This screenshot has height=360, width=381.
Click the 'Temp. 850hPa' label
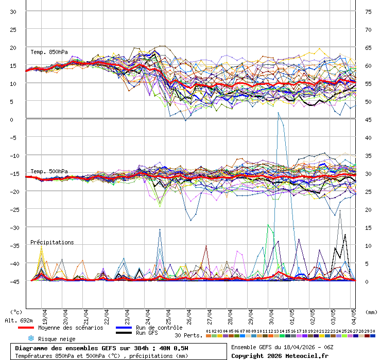(49, 52)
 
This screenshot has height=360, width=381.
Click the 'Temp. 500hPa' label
(49, 171)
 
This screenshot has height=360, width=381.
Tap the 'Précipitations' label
(52, 242)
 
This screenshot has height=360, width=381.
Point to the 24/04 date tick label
(148, 315)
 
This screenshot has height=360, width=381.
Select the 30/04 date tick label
(272, 315)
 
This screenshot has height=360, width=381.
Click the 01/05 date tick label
(292, 315)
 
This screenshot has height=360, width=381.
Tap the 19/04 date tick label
(45, 315)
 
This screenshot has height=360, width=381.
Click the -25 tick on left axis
(14, 209)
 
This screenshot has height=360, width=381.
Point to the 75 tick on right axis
(368, 11)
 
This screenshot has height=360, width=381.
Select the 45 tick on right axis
(368, 119)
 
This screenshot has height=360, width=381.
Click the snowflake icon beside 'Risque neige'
(30, 338)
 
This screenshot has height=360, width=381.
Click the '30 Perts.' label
(188, 335)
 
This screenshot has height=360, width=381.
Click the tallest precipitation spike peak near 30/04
(279, 113)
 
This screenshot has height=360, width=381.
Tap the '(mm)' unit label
(371, 312)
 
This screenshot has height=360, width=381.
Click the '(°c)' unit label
(16, 312)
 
